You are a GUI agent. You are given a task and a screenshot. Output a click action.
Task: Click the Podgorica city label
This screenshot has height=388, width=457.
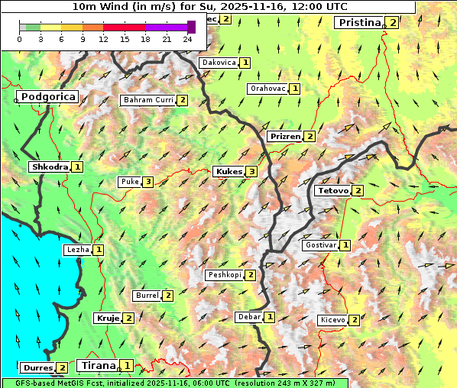point(47,97)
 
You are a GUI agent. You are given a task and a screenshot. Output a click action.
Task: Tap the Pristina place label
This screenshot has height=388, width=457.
point(358,23)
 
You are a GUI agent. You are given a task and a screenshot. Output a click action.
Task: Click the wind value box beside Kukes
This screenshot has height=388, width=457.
point(251,172)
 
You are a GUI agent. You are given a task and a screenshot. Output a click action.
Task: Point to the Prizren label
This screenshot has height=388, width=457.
point(284,137)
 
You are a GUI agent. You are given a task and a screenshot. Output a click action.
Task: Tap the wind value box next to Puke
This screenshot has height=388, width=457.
point(147,182)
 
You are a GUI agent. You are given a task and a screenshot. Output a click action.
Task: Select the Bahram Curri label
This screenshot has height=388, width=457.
point(148,100)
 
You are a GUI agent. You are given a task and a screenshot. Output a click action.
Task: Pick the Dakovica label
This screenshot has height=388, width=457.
point(218,63)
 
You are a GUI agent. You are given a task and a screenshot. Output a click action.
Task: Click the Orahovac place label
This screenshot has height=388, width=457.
point(267,89)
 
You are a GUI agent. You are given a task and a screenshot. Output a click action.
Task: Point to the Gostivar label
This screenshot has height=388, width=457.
point(320,245)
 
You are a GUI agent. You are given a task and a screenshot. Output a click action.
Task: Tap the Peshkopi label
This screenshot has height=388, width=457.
point(224,275)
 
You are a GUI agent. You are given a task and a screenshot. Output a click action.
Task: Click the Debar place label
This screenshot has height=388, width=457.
point(248,317)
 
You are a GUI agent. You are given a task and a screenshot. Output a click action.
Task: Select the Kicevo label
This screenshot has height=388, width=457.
point(332,320)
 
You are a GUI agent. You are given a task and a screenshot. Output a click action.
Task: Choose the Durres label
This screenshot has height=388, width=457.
point(37,368)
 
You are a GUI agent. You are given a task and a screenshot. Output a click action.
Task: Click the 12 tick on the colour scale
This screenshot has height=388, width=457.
point(103,39)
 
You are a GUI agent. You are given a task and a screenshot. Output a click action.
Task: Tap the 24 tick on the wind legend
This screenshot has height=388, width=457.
point(187,39)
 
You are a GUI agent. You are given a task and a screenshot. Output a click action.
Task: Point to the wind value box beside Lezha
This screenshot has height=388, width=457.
point(99,250)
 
